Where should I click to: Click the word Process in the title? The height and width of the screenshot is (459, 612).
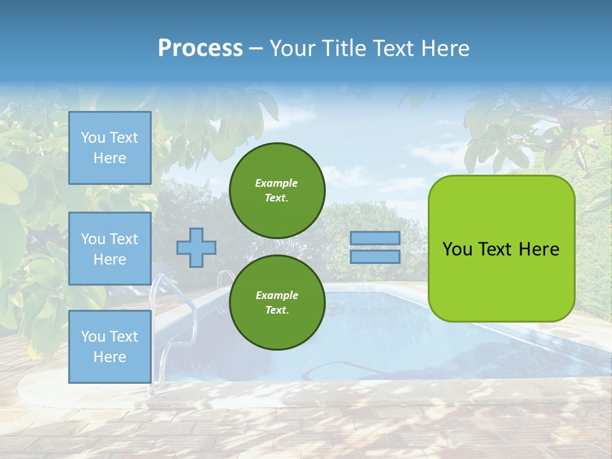(x=200, y=48)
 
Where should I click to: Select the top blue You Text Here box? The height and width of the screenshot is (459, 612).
(x=110, y=148)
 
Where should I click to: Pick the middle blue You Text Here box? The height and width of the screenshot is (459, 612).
(x=110, y=249)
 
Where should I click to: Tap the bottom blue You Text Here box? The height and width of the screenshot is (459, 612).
(x=110, y=346)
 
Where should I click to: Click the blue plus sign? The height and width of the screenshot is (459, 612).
(x=196, y=247)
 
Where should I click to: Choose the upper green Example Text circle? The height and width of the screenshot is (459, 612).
(x=277, y=190)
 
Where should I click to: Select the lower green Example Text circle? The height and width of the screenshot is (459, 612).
(x=277, y=302)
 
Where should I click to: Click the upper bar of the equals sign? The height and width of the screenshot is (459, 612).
(x=375, y=238)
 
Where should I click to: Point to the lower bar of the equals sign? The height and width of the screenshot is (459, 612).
(x=375, y=256)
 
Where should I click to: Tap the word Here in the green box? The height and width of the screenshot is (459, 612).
(x=539, y=249)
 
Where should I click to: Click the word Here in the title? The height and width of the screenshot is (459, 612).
(x=446, y=48)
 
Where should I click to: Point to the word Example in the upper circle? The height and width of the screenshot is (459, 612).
(x=276, y=183)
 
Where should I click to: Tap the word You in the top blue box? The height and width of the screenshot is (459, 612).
(x=93, y=138)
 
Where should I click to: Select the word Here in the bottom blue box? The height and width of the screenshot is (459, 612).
(x=110, y=357)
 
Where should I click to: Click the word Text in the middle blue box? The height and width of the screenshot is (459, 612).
(x=124, y=239)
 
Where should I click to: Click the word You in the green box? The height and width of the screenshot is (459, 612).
(x=457, y=249)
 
